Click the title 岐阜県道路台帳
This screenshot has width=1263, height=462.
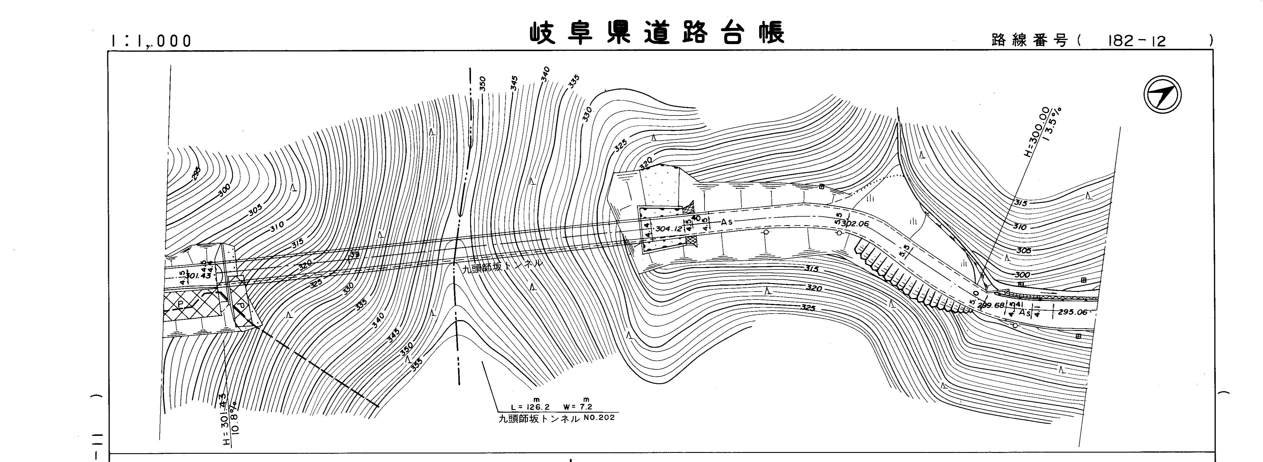(657, 33)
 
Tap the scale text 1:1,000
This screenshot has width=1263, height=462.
(151, 41)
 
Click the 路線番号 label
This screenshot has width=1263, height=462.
(1030, 41)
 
